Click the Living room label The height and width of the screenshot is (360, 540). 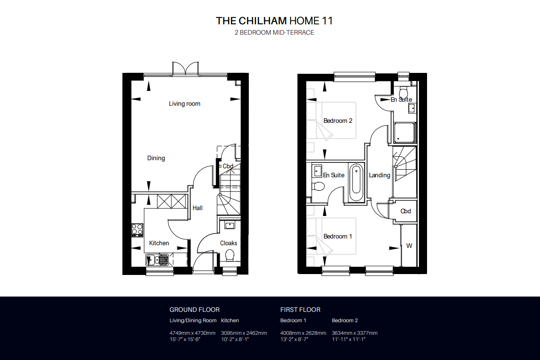[x=184, y=104]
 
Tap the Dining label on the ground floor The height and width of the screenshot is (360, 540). [x=156, y=158]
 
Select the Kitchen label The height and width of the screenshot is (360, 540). [x=159, y=243]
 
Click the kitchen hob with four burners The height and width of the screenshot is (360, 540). [x=137, y=230]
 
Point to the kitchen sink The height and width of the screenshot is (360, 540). [x=157, y=259]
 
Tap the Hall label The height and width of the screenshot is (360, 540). [x=198, y=208]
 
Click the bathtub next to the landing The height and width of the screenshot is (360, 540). [x=356, y=182]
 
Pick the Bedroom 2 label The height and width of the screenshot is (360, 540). [x=337, y=121]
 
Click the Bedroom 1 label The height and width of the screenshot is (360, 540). [x=337, y=236]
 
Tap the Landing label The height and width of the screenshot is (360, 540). [x=379, y=175]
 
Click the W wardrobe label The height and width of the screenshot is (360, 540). [x=409, y=246]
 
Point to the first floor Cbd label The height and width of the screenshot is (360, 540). [x=406, y=211]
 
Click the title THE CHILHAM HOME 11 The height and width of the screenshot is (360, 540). [x=274, y=21]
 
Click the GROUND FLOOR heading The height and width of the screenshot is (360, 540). [x=194, y=310]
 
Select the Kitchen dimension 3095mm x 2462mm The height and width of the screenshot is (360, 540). [x=244, y=333]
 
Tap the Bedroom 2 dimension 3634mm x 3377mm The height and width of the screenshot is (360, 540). [x=355, y=333]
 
